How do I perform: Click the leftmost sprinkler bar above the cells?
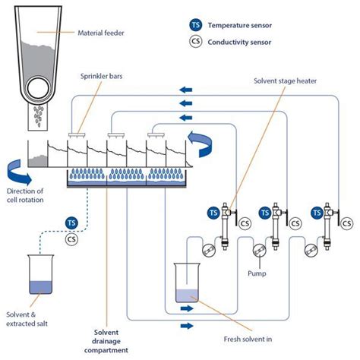click(x=75, y=134)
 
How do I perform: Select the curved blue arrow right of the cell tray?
click(x=206, y=142)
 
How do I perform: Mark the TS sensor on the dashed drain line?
click(x=71, y=223)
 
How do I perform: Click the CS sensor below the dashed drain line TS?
click(x=71, y=239)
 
